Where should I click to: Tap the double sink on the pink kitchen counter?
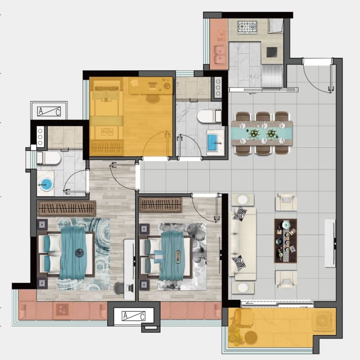coord(220,55)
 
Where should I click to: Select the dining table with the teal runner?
coord(262,133)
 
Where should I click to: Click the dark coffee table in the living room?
coord(285,240)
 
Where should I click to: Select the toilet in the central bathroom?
coord(209,116)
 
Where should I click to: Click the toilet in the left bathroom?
coord(49,158)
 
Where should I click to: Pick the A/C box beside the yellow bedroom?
coord(49,111)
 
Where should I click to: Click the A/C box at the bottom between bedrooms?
coord(134,316)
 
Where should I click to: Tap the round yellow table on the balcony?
coord(251,337)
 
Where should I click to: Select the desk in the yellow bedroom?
coord(151,86)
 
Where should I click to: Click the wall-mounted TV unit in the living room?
coord(330,243)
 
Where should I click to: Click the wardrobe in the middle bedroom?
coord(161,205)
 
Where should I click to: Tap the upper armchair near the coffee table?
coord(286,202)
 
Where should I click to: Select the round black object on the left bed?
coord(79,253)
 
